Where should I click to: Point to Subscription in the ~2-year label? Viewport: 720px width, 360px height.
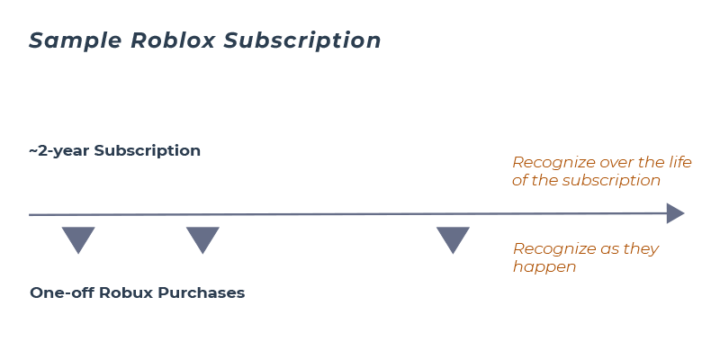pyautogui.click(x=147, y=151)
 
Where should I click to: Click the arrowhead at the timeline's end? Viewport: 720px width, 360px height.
pyautogui.click(x=675, y=214)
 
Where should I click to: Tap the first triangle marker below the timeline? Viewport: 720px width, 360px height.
pyautogui.click(x=78, y=239)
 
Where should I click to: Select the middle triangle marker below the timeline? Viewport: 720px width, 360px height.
pyautogui.click(x=202, y=239)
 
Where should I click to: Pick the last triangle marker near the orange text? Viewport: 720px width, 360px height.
pyautogui.click(x=453, y=239)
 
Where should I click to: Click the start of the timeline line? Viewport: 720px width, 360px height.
pyautogui.click(x=32, y=215)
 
